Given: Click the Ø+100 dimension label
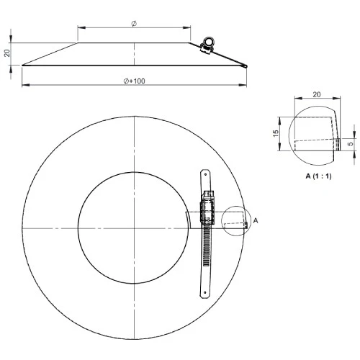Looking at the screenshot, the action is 135,81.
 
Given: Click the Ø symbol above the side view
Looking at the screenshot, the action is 134,24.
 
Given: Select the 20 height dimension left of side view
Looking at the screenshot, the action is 7,53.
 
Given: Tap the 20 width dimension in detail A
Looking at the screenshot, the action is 317,94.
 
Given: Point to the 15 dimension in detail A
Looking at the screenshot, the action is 276,133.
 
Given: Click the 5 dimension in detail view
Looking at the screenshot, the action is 351,144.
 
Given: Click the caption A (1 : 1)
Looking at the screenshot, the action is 318,176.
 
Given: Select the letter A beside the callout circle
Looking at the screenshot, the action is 256,220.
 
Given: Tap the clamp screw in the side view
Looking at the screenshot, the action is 207,43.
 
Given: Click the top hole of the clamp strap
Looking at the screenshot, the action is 205,174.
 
